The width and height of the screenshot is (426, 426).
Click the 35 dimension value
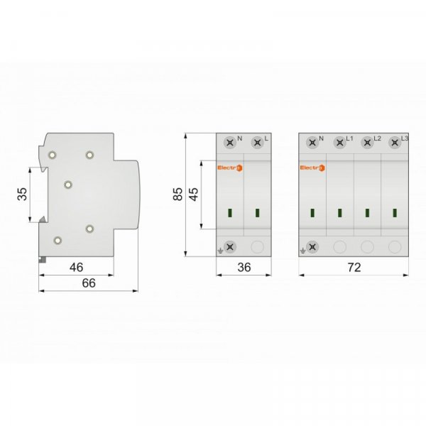[22, 194]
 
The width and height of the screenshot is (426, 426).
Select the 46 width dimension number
[77, 268]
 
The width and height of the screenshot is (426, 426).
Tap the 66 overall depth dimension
[89, 283]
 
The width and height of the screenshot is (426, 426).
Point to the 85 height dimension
[178, 194]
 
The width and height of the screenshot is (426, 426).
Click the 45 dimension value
[194, 194]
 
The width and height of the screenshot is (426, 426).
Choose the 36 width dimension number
[244, 268]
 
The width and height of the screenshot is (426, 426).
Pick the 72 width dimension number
[354, 268]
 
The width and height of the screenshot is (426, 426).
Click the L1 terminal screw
[340, 143]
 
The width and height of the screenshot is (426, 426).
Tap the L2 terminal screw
[367, 143]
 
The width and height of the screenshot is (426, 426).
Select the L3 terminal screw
[395, 143]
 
